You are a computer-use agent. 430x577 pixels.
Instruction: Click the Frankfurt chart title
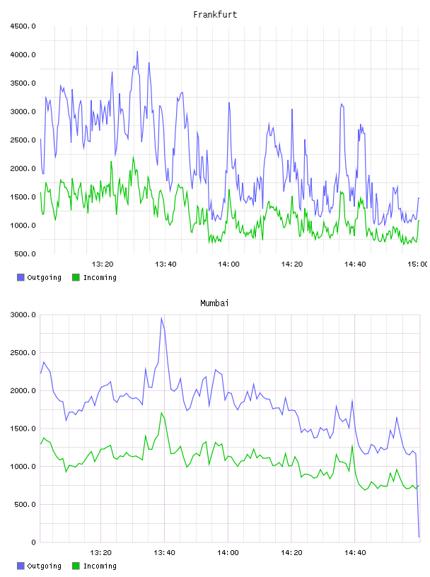coord(215,15)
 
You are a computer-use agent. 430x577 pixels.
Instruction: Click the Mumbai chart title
coord(214,303)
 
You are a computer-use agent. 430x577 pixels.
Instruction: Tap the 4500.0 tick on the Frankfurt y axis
coord(23,26)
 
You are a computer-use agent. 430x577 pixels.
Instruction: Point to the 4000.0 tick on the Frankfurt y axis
coord(23,55)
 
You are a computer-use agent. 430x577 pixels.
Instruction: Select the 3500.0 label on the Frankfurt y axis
coord(23,83)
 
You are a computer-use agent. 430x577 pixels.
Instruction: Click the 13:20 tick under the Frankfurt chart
coord(103,264)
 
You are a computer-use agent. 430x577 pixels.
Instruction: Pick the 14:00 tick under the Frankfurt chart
coord(228,264)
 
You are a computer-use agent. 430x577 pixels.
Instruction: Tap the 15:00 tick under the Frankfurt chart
coord(418,264)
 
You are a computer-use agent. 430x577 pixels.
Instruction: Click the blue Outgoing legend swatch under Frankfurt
coord(21,277)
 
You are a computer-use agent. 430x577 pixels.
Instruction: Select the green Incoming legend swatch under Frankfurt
coord(76,277)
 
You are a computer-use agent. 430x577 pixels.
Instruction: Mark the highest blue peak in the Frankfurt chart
coord(137,52)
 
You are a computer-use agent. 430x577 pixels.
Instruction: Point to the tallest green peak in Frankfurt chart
coord(133,157)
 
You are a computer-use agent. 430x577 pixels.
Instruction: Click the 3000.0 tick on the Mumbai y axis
coord(23,315)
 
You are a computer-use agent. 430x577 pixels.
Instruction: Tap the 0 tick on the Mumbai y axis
coord(33,542)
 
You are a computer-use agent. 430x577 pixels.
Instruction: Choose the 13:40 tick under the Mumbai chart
coord(164,553)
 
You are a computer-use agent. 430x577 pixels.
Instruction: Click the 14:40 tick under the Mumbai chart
coord(355,553)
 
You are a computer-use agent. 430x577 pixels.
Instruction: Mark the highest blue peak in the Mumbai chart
coord(161,318)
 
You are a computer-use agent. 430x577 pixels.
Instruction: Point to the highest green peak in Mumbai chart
coord(161,413)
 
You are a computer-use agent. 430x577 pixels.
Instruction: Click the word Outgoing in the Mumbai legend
coord(44,566)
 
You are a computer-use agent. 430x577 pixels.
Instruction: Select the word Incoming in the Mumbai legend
coord(100,566)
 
